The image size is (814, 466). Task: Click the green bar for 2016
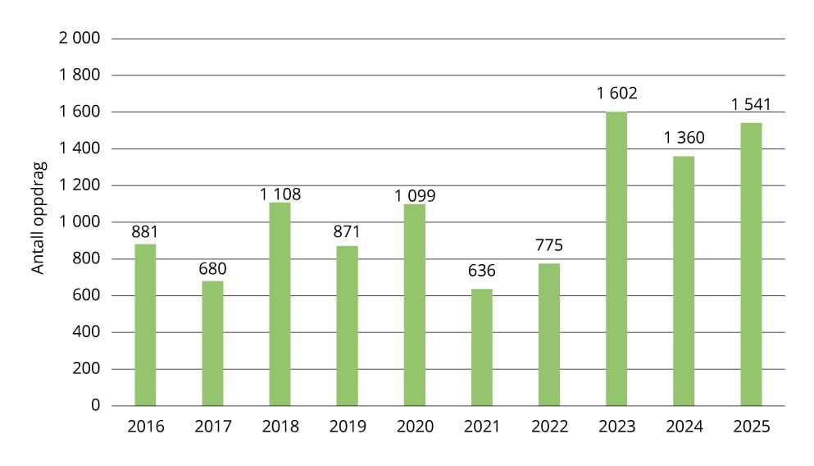[x=145, y=325]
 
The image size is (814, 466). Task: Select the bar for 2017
[x=212, y=344]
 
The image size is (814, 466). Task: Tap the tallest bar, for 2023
[x=616, y=258]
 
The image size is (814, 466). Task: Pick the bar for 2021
[x=482, y=347]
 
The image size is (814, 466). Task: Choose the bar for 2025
[x=751, y=264]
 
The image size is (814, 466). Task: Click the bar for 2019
[x=348, y=326]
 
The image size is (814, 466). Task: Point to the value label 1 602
[x=616, y=93]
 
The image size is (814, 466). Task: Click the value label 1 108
[x=280, y=194]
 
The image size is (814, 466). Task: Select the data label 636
[x=482, y=271]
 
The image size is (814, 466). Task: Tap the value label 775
[x=549, y=245]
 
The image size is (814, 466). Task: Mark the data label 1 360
[x=684, y=138]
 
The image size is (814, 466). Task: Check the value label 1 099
[x=415, y=196]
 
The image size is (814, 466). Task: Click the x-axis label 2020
[x=415, y=427]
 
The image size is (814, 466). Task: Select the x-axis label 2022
[x=549, y=427]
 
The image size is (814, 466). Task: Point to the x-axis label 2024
[x=684, y=427]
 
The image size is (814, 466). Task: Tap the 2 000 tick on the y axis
[x=80, y=38]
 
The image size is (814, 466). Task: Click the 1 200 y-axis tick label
[x=80, y=185]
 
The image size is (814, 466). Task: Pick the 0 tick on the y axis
[x=96, y=405]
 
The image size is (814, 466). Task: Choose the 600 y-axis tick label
[x=86, y=295]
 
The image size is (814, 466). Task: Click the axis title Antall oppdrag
[x=38, y=217]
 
